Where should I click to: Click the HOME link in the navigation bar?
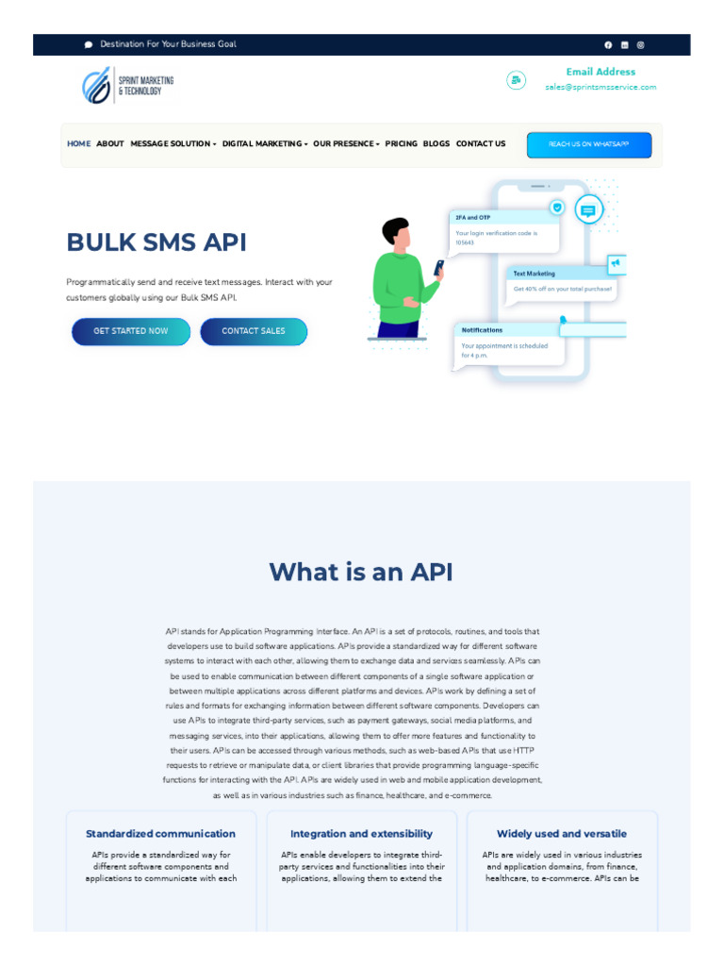pyautogui.click(x=79, y=144)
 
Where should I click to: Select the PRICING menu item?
pyautogui.click(x=401, y=144)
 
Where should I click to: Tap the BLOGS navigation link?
pyautogui.click(x=436, y=144)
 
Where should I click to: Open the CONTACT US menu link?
pyautogui.click(x=481, y=144)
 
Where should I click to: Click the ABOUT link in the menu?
pyautogui.click(x=110, y=144)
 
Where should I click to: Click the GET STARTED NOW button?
pyautogui.click(x=131, y=331)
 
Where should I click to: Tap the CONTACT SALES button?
pyautogui.click(x=254, y=331)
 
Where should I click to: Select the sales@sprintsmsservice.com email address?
pyautogui.click(x=601, y=87)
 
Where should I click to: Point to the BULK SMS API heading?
pyautogui.click(x=156, y=242)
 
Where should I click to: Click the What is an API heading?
pyautogui.click(x=361, y=572)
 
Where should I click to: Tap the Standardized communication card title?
pyautogui.click(x=161, y=834)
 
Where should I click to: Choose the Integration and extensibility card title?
pyautogui.click(x=361, y=834)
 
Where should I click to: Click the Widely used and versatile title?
pyautogui.click(x=562, y=834)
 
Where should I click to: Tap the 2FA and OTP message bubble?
pyautogui.click(x=504, y=231)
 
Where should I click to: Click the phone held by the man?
pyautogui.click(x=438, y=268)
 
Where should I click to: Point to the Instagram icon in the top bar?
pyautogui.click(x=641, y=44)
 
